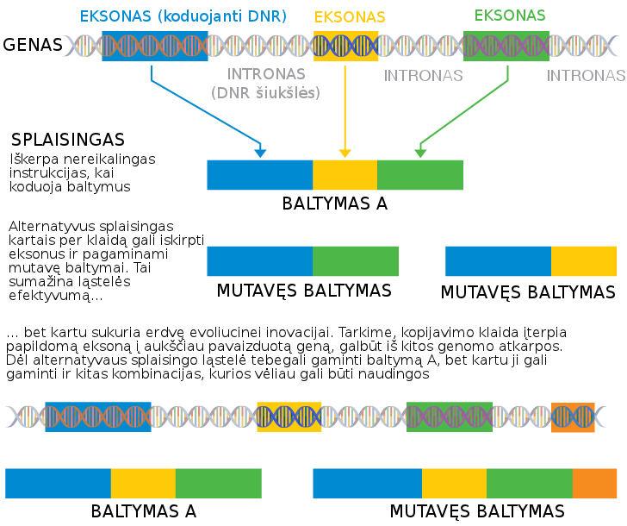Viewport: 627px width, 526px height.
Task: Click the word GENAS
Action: tap(33, 45)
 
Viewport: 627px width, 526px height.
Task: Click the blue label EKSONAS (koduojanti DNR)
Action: tap(183, 16)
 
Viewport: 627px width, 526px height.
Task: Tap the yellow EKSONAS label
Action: tap(350, 16)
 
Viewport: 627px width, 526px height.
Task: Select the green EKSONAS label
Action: tap(510, 16)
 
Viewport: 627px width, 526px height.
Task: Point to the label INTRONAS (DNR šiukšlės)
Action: tap(266, 84)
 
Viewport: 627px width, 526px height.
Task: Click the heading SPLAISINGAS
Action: tap(68, 140)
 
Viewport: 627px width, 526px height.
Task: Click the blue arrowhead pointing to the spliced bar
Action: tap(260, 153)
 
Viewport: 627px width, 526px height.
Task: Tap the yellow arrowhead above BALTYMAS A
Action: tap(345, 153)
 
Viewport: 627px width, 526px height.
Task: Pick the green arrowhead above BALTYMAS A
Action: tap(420, 153)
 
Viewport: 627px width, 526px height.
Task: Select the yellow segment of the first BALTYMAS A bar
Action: tap(345, 175)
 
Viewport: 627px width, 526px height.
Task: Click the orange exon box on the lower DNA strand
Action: tap(573, 417)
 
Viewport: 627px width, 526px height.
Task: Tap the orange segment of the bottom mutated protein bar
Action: tap(594, 484)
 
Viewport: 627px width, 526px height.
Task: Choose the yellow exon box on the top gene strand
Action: tap(346, 46)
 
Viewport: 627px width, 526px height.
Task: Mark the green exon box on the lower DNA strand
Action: tap(450, 417)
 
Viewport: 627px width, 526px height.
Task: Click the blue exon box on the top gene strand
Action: tap(155, 46)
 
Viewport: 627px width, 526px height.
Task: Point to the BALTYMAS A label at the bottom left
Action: tap(144, 511)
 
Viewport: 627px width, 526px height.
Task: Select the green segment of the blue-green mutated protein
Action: tap(356, 261)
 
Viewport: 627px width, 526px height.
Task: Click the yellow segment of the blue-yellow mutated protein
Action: tap(584, 261)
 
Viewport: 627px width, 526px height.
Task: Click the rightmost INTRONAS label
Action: tap(586, 75)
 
